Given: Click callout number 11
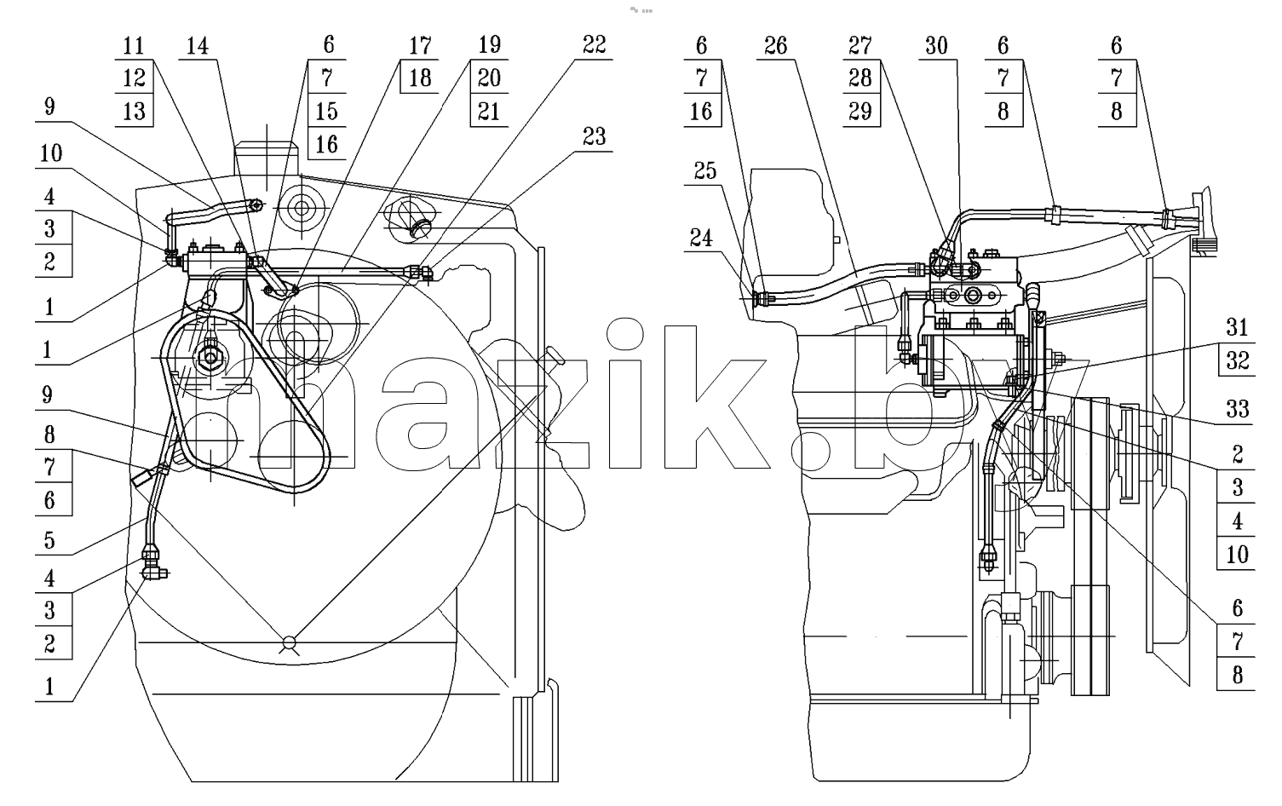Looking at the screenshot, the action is (134, 46).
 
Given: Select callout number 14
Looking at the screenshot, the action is (198, 46).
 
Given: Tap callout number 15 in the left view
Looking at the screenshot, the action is (327, 111).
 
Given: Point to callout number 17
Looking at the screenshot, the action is (420, 46).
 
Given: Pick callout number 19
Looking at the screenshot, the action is (489, 44).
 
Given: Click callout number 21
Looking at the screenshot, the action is (489, 111).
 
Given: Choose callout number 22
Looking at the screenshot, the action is (594, 44).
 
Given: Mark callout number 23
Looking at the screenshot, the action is (594, 137).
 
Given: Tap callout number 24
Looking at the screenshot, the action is (701, 238).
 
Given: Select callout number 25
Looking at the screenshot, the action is (705, 170).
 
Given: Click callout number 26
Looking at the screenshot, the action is (775, 46).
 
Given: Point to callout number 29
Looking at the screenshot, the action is (860, 111).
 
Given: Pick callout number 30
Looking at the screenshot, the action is (936, 46).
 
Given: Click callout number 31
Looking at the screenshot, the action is (1237, 327).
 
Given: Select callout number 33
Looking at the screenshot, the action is (1237, 409).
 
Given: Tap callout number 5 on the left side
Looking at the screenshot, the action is (49, 540).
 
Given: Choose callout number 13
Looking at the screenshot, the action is (134, 111).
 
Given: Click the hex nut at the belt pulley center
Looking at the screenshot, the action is (211, 359).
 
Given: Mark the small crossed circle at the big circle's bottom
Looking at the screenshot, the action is (289, 643).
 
